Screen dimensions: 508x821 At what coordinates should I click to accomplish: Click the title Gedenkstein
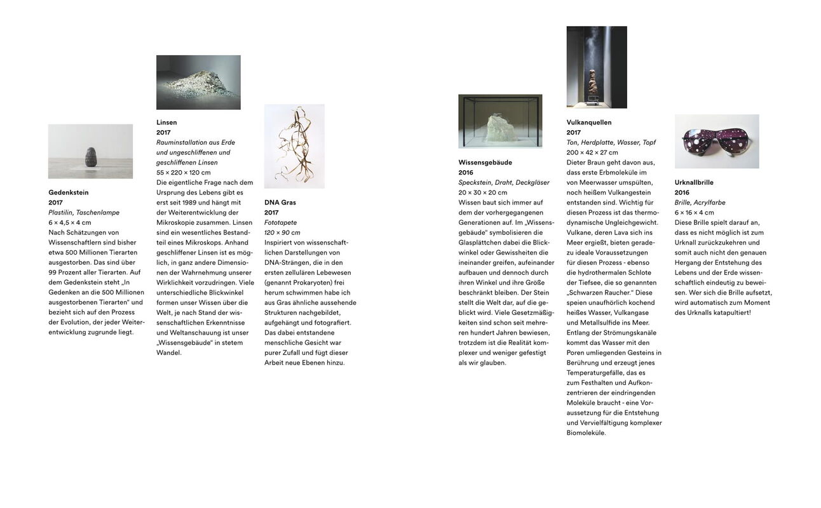pyautogui.click(x=69, y=192)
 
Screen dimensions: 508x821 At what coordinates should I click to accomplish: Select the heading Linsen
pyautogui.click(x=166, y=123)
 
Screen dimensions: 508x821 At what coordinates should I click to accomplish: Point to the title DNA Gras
pyautogui.click(x=280, y=203)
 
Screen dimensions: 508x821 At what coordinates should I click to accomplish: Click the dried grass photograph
pyautogui.click(x=294, y=146)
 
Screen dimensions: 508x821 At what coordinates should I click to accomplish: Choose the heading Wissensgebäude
pyautogui.click(x=485, y=163)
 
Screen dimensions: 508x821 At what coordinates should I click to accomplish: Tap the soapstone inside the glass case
pyautogui.click(x=503, y=126)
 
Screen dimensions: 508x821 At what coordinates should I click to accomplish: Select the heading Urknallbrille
pyautogui.click(x=694, y=182)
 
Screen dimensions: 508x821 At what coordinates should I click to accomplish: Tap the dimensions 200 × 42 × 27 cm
pyautogui.click(x=592, y=152)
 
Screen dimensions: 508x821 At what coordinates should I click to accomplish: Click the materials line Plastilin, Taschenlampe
pyautogui.click(x=84, y=213)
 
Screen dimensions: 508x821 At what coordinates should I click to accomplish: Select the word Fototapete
pyautogui.click(x=280, y=223)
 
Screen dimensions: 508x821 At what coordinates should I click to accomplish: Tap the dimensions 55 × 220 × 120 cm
pyautogui.click(x=184, y=173)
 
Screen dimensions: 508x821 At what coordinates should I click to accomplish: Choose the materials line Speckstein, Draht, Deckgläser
pyautogui.click(x=504, y=183)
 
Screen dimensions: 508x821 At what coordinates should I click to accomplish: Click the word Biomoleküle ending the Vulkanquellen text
pyautogui.click(x=587, y=433)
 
